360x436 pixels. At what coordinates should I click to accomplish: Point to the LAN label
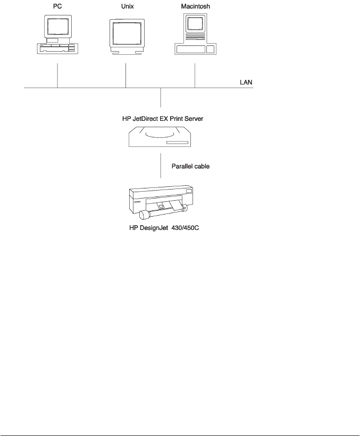(x=246, y=82)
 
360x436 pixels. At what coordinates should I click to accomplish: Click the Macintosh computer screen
(x=196, y=23)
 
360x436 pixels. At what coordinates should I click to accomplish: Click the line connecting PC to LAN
(x=57, y=75)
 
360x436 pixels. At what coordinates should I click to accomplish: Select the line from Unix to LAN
(x=125, y=75)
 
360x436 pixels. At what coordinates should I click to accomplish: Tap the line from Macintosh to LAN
(x=196, y=75)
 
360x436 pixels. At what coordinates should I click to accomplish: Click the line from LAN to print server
(x=161, y=98)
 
